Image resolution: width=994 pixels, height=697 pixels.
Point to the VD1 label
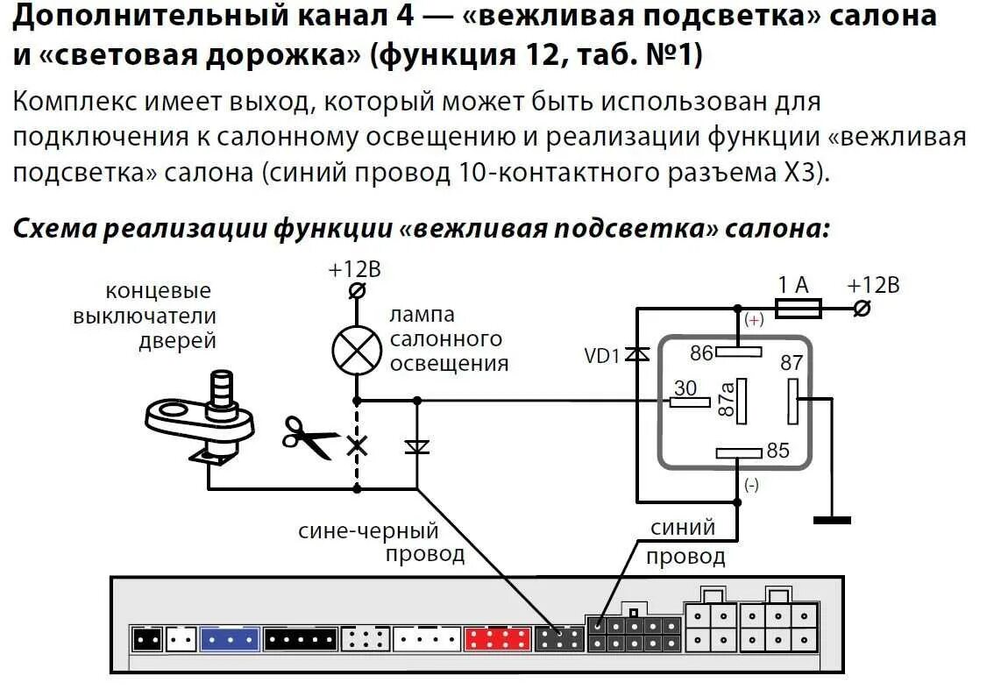602,356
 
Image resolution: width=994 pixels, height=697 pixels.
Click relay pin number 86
701,353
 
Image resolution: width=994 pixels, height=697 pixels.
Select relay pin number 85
777,451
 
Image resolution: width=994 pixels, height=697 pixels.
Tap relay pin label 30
685,387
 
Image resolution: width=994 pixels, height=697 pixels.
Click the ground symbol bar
831,520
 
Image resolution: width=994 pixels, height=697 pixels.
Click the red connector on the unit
497,639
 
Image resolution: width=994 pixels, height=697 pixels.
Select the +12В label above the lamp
354,269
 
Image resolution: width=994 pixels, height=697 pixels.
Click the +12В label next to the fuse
873,285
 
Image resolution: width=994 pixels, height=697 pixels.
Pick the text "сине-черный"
368,530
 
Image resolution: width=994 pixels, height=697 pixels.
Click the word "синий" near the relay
683,528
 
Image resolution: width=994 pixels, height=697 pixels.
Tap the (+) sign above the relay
753,321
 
